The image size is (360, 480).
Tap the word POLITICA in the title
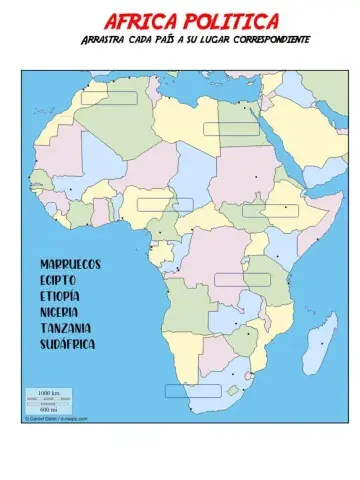pyautogui.click(x=233, y=21)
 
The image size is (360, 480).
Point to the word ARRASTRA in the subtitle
pyautogui.click(x=106, y=40)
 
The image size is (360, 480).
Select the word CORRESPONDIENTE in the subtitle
pyautogui.click(x=271, y=40)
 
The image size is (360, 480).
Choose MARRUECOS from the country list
pyautogui.click(x=70, y=263)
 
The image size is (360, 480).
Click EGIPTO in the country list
pyautogui.click(x=58, y=279)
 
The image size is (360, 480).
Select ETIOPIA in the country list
pyautogui.click(x=60, y=295)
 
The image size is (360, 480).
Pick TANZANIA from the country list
pyautogui.click(x=66, y=327)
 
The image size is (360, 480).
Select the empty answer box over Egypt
pyautogui.click(x=231, y=129)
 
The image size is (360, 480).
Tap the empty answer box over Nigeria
pyautogui.click(x=165, y=204)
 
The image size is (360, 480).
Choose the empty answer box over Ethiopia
pyautogui.click(x=270, y=210)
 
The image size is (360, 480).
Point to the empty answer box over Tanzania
pyautogui.click(x=242, y=279)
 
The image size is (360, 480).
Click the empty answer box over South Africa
pyautogui.click(x=193, y=391)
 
